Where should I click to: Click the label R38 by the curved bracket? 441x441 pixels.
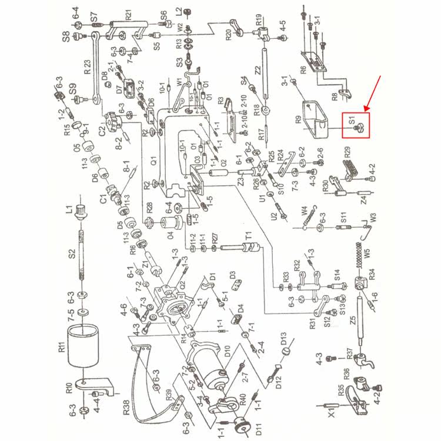[x=126, y=406]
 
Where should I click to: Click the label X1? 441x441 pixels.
[x=333, y=412]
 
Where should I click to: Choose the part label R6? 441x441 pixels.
[x=303, y=70]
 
